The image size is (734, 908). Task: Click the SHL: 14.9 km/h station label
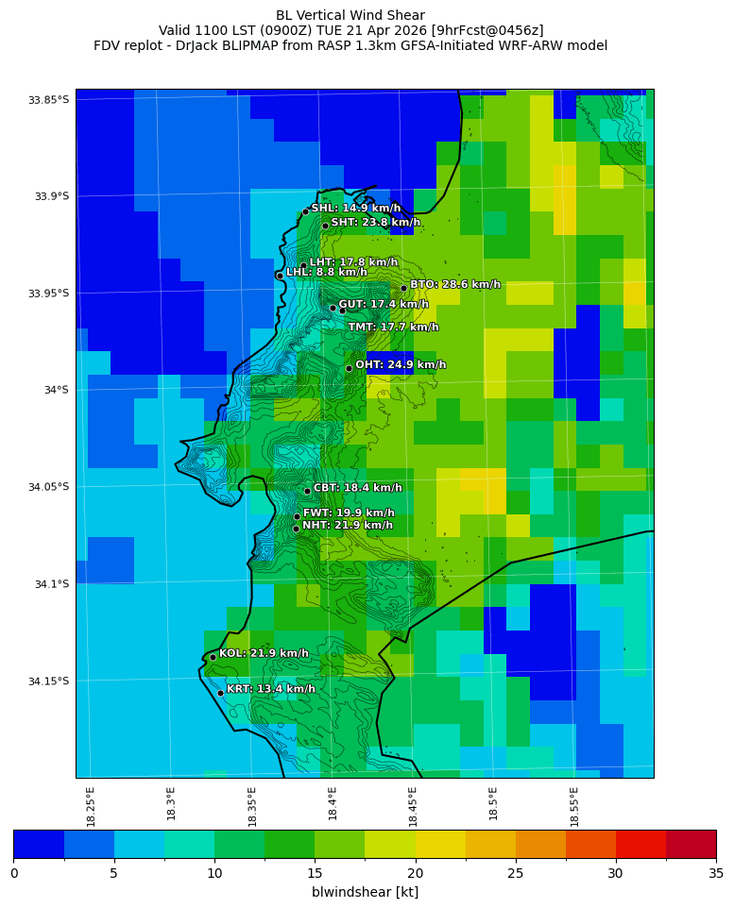(x=356, y=209)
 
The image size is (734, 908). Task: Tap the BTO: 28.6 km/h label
(x=455, y=284)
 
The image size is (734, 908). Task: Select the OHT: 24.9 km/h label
(x=401, y=365)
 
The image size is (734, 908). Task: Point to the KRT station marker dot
(x=220, y=693)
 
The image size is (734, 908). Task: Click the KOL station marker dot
(x=213, y=657)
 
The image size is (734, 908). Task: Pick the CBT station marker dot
(x=307, y=491)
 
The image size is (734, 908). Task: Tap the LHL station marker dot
(x=280, y=276)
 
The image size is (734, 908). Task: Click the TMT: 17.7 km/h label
(x=393, y=328)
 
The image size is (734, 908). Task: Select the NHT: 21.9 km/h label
(x=348, y=526)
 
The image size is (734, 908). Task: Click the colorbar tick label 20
(x=415, y=873)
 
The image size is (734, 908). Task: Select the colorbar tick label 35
(x=715, y=873)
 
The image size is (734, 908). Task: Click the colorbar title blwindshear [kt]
(x=365, y=892)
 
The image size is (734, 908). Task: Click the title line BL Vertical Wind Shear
(x=350, y=15)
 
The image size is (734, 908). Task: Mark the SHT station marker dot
(x=325, y=226)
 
